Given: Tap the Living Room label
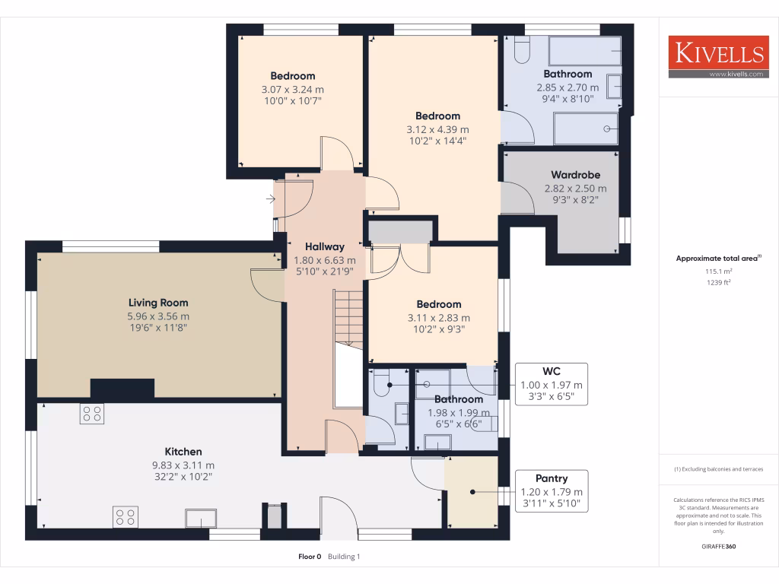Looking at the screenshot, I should pos(158,303).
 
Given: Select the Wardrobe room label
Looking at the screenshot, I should pos(575,175).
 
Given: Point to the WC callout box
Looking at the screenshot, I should pos(551,384).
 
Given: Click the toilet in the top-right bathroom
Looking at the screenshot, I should pos(522,49).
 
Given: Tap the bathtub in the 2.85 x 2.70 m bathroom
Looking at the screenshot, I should pos(584,52).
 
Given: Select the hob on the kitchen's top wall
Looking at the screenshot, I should pos(92,414).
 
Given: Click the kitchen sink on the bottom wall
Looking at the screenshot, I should pos(201,519).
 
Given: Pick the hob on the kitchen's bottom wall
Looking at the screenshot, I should pos(126,517).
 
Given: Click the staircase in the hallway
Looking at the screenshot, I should pos(349,319).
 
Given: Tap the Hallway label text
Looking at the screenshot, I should pos(325,246).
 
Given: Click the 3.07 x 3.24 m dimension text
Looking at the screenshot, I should pos(293,89).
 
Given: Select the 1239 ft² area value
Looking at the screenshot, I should pos(718,282).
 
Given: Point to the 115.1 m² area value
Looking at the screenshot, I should pos(718,271).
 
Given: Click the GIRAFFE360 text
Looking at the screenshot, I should pos(718,546).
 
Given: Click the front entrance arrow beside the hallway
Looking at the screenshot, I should pos(272,200).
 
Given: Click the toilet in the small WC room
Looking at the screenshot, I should pos(381,377).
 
